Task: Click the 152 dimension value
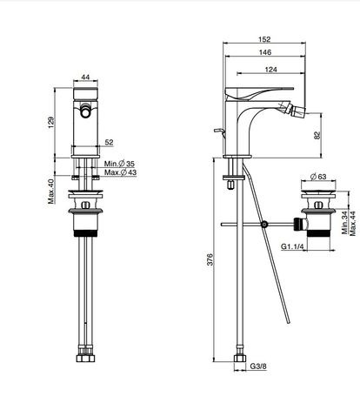coord(264,39)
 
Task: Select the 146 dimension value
coord(265,52)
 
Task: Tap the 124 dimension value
coord(270,70)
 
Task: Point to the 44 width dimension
coord(85,77)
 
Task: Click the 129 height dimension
coord(50,123)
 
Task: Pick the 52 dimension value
coord(109,142)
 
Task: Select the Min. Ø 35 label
coord(119,164)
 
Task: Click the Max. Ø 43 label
coord(120,172)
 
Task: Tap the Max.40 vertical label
coord(51,192)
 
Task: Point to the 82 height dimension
coord(317,135)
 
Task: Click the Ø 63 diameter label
coord(318,177)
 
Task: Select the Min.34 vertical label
coord(345,223)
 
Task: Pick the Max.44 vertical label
coord(353,223)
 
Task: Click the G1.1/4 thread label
coord(292,246)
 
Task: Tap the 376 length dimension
coord(210,259)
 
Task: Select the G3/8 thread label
coord(258,367)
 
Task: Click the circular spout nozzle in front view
coord(85,111)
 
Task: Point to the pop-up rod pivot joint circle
coord(264,225)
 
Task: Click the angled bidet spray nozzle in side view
coord(292,110)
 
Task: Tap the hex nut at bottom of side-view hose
coord(240,358)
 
